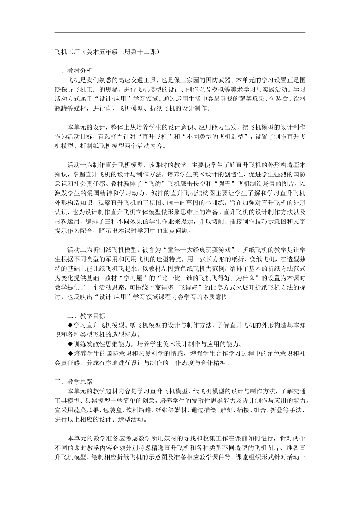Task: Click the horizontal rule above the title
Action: [x=180, y=32]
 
